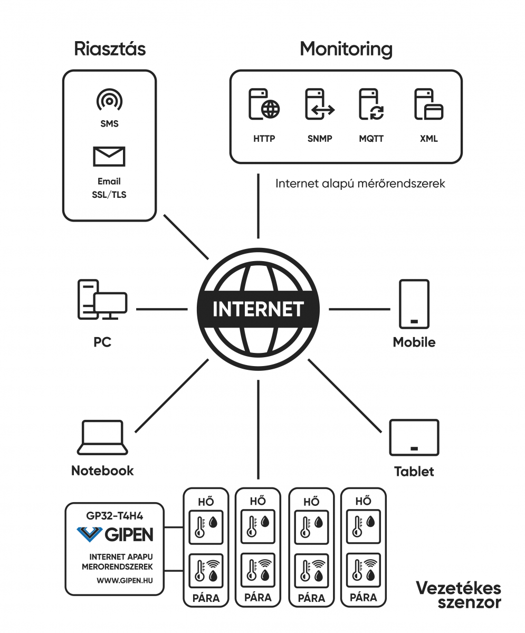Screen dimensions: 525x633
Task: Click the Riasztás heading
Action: [110, 49]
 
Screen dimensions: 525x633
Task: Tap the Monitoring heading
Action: [346, 49]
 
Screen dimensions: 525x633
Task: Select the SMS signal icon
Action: [110, 100]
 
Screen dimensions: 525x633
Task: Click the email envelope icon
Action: [109, 157]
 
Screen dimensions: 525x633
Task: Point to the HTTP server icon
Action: [264, 104]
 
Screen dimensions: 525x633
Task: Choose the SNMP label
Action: [320, 139]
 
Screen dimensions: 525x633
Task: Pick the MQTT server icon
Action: [371, 104]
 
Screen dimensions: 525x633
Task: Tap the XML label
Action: [429, 139]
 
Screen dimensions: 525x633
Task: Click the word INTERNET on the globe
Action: [258, 309]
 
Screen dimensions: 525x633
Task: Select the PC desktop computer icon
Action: [102, 300]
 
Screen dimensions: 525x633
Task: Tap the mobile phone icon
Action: [414, 304]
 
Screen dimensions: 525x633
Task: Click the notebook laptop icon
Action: [102, 437]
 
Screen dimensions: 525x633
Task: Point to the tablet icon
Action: [414, 437]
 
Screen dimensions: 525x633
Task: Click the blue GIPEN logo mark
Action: [89, 534]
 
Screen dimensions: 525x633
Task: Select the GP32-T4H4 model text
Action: [114, 516]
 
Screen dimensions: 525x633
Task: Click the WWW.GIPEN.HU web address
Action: [125, 580]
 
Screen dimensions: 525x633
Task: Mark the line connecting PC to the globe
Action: [162, 309]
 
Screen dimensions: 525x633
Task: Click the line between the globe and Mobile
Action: [359, 309]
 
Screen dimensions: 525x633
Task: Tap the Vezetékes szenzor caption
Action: [459, 594]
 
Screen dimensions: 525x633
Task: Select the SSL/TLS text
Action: [109, 195]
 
